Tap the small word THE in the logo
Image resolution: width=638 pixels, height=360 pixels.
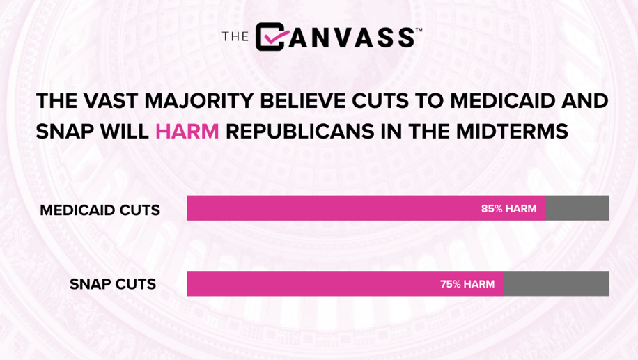[235, 37]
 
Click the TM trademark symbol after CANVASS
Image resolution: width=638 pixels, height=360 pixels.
[419, 30]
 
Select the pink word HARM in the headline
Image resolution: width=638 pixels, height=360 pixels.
[187, 132]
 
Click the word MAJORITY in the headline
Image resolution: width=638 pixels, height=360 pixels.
[199, 101]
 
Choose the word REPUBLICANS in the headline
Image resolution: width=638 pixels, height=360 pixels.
[300, 132]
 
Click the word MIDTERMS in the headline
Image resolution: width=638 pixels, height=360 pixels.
[512, 132]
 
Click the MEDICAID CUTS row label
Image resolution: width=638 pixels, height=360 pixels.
[100, 210]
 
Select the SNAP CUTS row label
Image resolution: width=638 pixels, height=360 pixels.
[113, 284]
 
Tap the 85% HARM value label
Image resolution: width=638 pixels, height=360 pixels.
[508, 209]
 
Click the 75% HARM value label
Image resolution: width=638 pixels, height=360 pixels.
[467, 284]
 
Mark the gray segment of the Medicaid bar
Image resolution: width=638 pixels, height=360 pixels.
[577, 208]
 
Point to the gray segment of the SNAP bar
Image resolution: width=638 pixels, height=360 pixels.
[557, 283]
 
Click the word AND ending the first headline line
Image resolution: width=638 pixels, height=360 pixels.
[584, 101]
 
